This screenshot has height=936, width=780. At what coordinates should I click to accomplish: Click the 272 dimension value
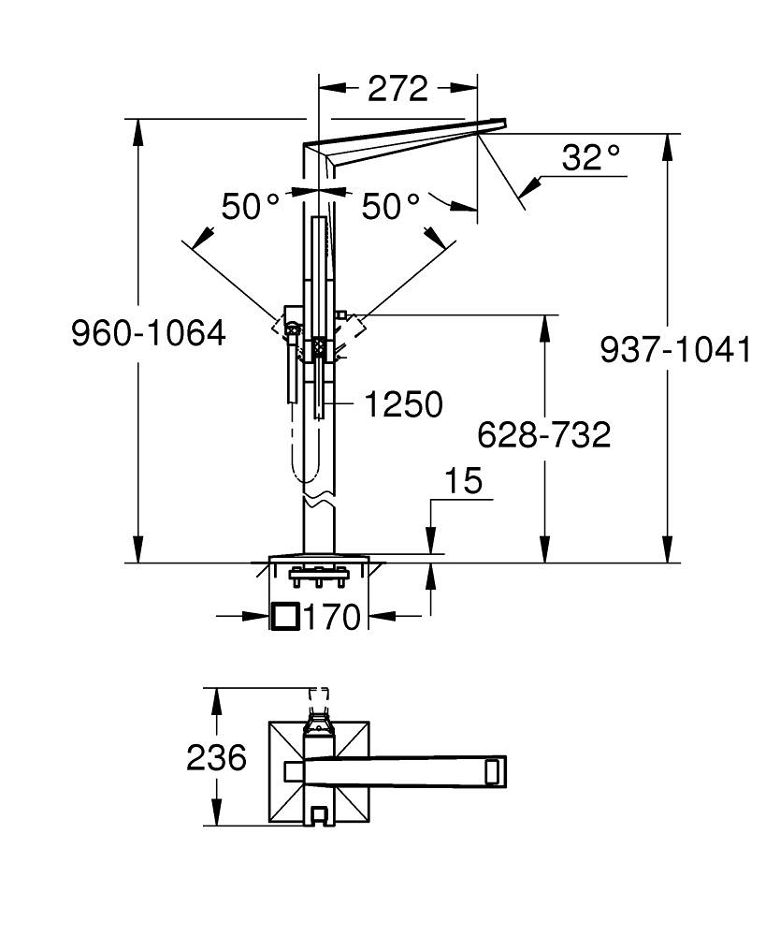[397, 89]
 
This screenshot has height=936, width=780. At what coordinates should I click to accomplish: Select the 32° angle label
[592, 157]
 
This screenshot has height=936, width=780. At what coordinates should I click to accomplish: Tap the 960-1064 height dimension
[149, 333]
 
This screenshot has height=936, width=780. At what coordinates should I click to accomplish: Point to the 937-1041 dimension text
[675, 350]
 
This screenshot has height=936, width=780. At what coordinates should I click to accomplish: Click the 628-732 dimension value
[543, 434]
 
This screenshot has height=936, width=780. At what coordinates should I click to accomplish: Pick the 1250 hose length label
[403, 404]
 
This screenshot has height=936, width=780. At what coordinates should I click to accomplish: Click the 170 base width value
[332, 617]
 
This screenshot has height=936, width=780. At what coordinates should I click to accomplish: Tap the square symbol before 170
[284, 616]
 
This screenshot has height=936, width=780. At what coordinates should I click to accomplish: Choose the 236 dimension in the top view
[216, 757]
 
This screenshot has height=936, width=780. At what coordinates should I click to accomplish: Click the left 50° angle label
[251, 207]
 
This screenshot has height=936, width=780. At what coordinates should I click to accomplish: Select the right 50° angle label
[392, 207]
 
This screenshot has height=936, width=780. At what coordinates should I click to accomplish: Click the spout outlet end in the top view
[495, 771]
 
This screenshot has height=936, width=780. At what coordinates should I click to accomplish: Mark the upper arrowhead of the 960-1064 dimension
[138, 130]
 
